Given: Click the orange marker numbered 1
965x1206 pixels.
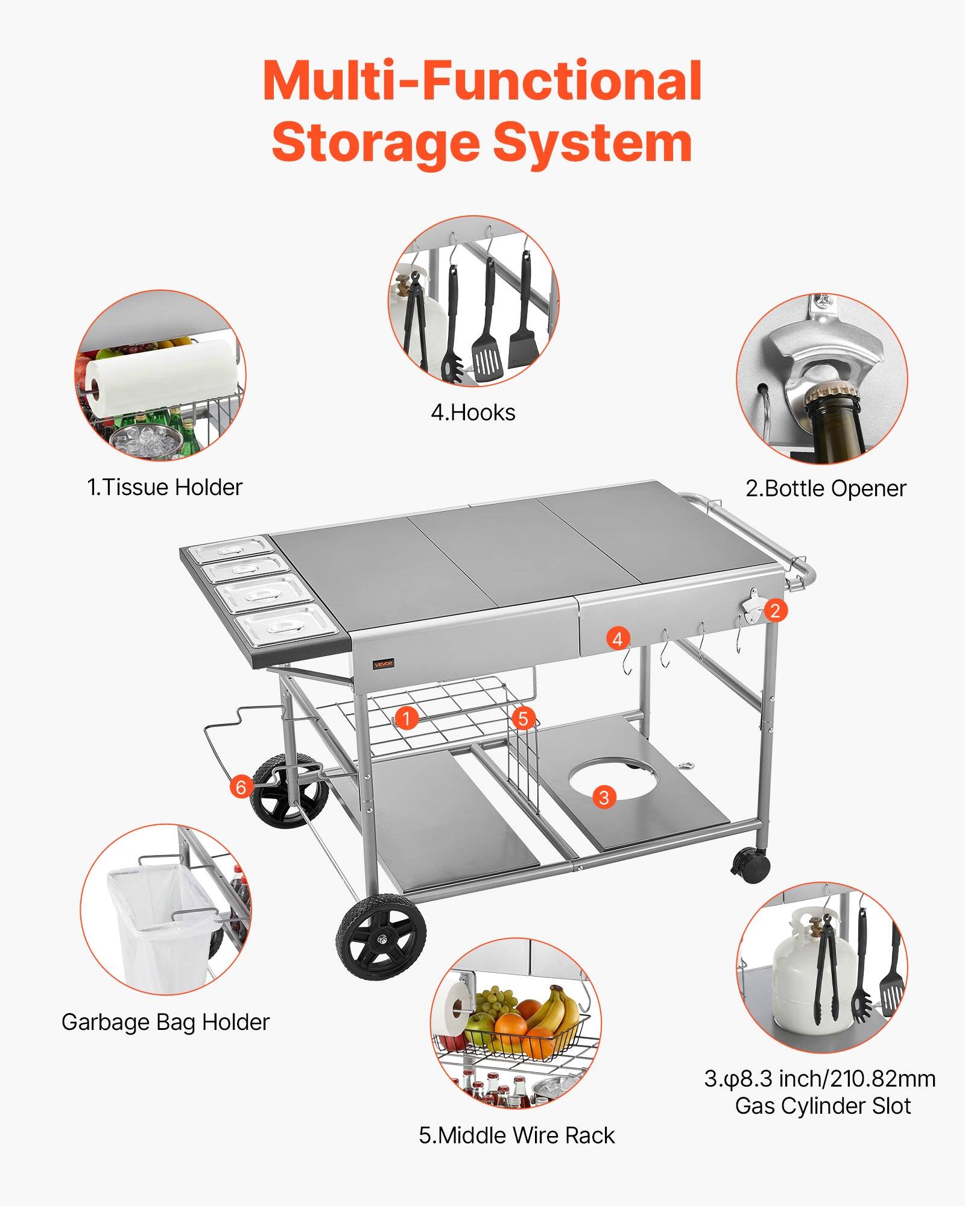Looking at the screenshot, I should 408,718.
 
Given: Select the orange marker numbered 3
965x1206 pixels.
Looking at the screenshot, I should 604,797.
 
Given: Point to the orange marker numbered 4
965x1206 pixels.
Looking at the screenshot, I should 617,639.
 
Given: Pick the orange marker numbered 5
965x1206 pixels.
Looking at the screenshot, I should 523,718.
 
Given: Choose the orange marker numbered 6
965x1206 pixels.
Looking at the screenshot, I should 241,787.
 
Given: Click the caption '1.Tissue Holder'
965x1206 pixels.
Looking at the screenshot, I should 165,487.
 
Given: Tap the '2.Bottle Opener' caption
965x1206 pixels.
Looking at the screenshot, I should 826,488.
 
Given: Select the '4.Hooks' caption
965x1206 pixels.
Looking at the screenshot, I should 473,413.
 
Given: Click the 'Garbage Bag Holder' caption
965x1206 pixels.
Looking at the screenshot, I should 165,1022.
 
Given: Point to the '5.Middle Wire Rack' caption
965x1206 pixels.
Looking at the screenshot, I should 517,1135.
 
